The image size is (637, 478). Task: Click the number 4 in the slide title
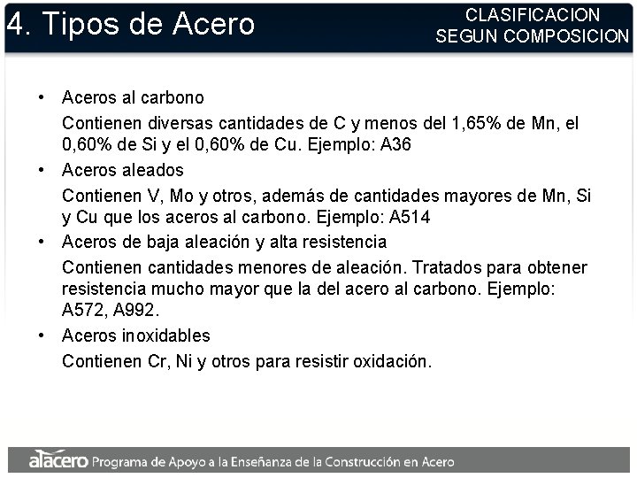pos(15,24)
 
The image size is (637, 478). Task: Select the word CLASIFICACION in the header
pos(533,15)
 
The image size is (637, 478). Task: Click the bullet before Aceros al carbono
pos(42,96)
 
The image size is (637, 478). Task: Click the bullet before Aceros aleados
pos(42,169)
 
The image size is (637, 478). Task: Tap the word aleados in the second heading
pos(152,169)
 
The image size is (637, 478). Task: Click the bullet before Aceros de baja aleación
pos(42,242)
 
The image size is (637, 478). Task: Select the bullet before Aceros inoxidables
pos(42,335)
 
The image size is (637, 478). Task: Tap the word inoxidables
pos(166,335)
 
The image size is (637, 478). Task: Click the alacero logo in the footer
pos(58,460)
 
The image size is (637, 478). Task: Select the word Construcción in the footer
pos(374,461)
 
